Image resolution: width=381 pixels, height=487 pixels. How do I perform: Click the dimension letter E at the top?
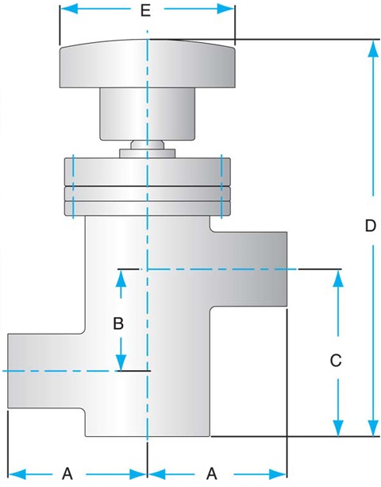click(x=145, y=10)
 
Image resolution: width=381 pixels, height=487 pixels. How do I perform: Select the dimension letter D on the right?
click(x=371, y=226)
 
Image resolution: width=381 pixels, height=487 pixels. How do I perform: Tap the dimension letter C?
click(x=336, y=361)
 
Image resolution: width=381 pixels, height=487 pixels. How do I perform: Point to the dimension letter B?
click(x=118, y=323)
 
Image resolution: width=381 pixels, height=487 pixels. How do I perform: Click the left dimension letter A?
click(x=67, y=474)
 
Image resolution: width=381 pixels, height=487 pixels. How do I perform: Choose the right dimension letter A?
click(x=212, y=474)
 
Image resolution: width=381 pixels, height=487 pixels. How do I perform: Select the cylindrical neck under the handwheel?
click(x=148, y=114)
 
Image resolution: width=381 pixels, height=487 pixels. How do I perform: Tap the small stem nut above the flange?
click(x=148, y=149)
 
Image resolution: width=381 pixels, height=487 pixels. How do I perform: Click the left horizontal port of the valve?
click(x=46, y=371)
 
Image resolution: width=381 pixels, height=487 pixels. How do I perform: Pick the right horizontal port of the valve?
click(x=248, y=269)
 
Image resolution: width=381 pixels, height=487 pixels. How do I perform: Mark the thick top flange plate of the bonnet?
click(x=148, y=172)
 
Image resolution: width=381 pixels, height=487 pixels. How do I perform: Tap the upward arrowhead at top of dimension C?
click(x=338, y=278)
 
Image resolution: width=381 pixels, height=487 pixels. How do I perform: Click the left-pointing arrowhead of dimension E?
click(x=69, y=9)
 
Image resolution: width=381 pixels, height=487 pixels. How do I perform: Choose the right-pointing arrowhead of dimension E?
click(x=225, y=9)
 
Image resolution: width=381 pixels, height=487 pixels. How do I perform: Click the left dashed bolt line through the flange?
click(x=73, y=187)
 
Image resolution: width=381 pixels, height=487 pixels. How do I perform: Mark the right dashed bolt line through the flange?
click(x=221, y=187)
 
